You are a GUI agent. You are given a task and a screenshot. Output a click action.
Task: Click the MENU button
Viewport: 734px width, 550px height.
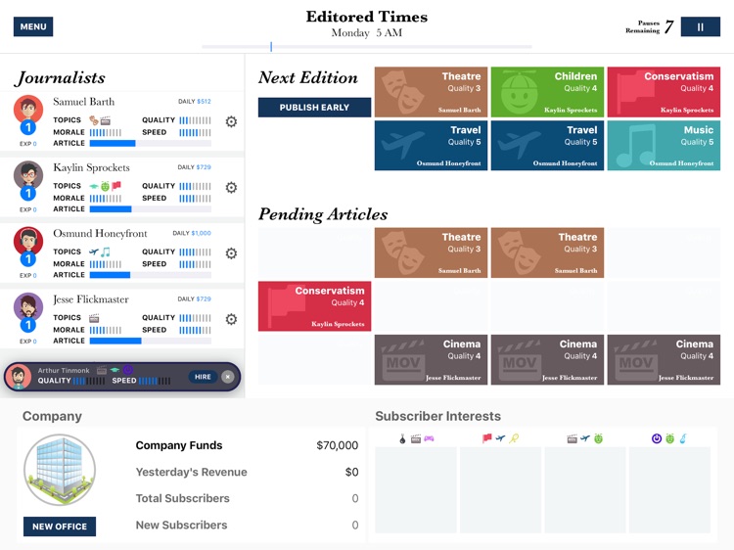pyautogui.click(x=33, y=26)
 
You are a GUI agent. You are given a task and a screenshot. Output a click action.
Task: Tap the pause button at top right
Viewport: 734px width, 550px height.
pyautogui.click(x=700, y=27)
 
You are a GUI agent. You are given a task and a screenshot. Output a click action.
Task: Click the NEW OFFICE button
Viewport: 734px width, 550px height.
pyautogui.click(x=59, y=527)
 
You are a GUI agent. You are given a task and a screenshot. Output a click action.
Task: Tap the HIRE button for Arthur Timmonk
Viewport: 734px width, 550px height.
pyautogui.click(x=203, y=377)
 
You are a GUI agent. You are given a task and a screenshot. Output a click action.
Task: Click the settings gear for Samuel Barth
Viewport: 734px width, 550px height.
pyautogui.click(x=231, y=122)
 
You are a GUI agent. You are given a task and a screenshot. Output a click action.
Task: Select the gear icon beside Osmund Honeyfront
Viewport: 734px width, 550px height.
pyautogui.click(x=231, y=253)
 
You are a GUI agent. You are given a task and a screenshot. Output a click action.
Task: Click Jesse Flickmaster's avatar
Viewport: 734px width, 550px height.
pyautogui.click(x=28, y=306)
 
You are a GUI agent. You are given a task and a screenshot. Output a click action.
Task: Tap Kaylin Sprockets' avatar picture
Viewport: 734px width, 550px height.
pyautogui.click(x=28, y=175)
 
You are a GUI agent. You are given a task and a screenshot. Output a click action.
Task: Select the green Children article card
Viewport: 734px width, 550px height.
pyautogui.click(x=547, y=92)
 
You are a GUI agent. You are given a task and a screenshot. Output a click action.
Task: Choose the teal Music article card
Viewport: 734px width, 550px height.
pyautogui.click(x=664, y=146)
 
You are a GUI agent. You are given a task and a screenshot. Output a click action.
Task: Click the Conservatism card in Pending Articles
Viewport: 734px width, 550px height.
pyautogui.click(x=315, y=306)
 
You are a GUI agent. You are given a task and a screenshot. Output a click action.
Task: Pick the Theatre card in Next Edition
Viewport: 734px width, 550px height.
pyautogui.click(x=431, y=92)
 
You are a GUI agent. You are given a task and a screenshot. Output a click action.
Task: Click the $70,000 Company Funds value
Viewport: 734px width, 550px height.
pyautogui.click(x=337, y=445)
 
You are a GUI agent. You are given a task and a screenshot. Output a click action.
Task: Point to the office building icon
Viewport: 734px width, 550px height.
pyautogui.click(x=59, y=470)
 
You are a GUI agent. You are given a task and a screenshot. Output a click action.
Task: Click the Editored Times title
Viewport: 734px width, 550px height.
pyautogui.click(x=367, y=17)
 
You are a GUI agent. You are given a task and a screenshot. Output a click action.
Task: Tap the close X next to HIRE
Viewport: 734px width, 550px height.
pyautogui.click(x=228, y=377)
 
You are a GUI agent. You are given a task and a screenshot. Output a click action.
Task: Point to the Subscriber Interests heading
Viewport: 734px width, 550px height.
pyautogui.click(x=437, y=416)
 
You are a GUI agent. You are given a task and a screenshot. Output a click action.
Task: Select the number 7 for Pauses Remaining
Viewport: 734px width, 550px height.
pyautogui.click(x=669, y=27)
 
